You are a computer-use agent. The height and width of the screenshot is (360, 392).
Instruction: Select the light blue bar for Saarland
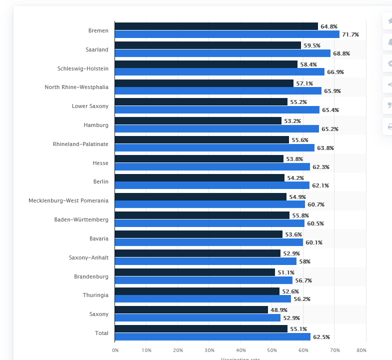tap(222, 53)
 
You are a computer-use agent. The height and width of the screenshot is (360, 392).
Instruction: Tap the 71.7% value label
tap(350, 34)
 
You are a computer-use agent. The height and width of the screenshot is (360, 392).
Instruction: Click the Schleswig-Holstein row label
tap(83, 68)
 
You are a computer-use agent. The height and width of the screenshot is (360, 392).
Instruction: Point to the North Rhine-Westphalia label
tap(76, 87)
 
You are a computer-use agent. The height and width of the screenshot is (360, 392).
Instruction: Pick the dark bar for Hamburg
tap(198, 120)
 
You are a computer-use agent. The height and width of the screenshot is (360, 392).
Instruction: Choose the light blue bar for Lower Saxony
tap(217, 110)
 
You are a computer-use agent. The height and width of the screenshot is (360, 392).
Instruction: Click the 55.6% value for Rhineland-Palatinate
tap(300, 139)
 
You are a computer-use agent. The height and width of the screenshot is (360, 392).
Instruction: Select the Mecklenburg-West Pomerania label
tap(68, 200)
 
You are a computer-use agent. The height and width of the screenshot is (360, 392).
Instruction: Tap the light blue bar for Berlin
tap(212, 185)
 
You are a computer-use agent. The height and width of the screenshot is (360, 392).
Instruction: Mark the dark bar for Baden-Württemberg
tap(202, 215)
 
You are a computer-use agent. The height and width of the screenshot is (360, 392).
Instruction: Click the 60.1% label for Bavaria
tap(314, 242)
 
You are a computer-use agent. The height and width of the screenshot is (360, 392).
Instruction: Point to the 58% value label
tap(305, 261)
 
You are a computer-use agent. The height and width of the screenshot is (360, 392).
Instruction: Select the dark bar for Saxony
tap(191, 310)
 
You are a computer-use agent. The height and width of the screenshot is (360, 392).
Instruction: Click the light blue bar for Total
tap(212, 337)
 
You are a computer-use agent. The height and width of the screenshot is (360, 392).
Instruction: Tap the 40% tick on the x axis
tap(240, 350)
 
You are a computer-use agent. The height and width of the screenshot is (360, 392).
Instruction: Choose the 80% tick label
tap(361, 350)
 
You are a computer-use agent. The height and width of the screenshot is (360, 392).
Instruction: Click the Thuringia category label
tap(95, 295)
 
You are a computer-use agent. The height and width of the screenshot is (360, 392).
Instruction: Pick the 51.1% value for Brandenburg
tap(286, 272)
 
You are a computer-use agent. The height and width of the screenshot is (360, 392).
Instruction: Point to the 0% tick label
tap(115, 350)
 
